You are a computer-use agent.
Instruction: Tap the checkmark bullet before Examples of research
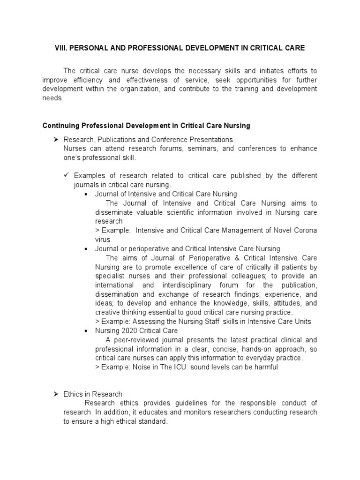66,175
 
